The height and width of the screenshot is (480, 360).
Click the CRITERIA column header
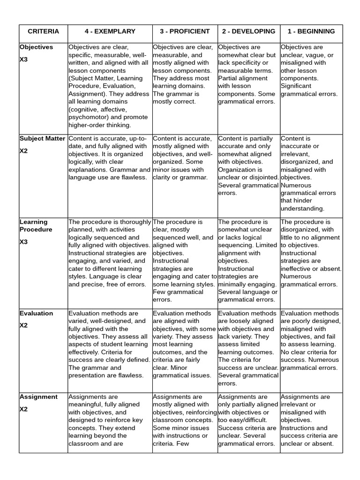43,31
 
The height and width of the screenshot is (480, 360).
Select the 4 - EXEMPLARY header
110,31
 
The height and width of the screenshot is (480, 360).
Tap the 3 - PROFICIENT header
185,31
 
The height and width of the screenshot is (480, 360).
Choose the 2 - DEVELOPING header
248,31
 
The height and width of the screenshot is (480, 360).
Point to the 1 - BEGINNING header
311,31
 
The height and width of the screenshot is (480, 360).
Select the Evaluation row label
36,313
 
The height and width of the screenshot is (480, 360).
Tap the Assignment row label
38,397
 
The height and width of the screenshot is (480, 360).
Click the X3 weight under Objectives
24,60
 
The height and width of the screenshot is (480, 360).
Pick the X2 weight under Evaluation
24,326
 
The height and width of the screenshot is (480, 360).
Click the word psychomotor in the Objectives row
89,117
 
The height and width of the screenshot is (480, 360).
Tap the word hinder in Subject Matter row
303,201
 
